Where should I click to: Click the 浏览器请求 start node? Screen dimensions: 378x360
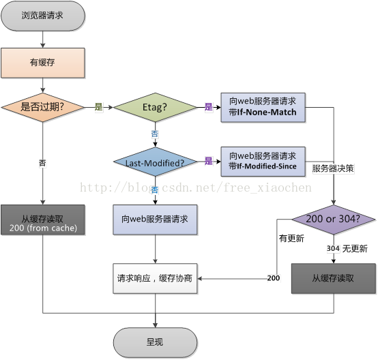(43, 16)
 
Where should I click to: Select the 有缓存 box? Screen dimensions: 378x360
(43, 63)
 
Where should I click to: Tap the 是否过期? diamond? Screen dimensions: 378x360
(43, 107)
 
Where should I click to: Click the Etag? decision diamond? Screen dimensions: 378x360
(155, 107)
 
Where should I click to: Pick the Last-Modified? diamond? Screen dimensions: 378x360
(155, 162)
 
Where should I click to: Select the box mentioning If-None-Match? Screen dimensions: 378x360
(263, 108)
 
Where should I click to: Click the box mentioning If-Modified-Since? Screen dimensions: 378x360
(263, 162)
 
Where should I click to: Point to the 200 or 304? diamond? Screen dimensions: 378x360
(334, 220)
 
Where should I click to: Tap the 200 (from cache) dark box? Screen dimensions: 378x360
(43, 220)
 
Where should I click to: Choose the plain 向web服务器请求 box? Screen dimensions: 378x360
(155, 220)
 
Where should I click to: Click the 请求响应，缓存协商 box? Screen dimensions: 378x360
(155, 279)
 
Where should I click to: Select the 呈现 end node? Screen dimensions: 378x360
(155, 342)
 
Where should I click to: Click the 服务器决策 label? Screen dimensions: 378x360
(333, 168)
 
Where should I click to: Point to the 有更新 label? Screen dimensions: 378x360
(291, 239)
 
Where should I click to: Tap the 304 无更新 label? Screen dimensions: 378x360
(347, 248)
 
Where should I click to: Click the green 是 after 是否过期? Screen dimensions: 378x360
(99, 107)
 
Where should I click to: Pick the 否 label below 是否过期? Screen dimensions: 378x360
(43, 163)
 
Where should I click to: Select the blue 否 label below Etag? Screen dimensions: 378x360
(155, 134)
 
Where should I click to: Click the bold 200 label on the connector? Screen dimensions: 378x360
(274, 278)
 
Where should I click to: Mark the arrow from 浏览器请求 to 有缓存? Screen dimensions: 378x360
(43, 40)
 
